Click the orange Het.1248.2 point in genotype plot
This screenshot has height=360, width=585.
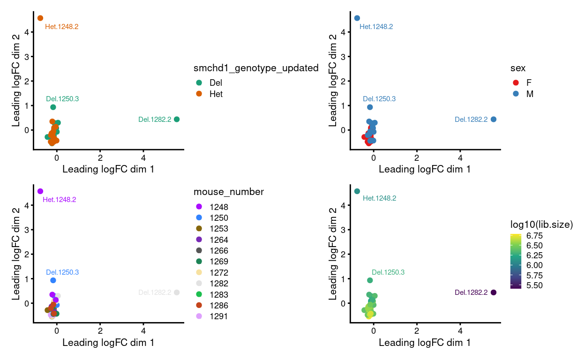[40, 18]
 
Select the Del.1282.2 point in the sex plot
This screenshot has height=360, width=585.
[493, 120]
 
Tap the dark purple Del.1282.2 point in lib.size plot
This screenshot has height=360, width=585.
[493, 292]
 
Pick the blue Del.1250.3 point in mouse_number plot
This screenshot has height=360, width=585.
[53, 280]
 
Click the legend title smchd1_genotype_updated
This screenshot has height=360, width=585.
[256, 68]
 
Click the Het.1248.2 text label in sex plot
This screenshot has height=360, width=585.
[376, 27]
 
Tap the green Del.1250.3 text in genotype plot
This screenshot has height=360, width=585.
[62, 99]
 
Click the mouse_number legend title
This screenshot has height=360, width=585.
[228, 192]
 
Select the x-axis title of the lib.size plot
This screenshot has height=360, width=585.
[425, 343]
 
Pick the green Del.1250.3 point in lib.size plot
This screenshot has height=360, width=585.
[370, 280]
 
